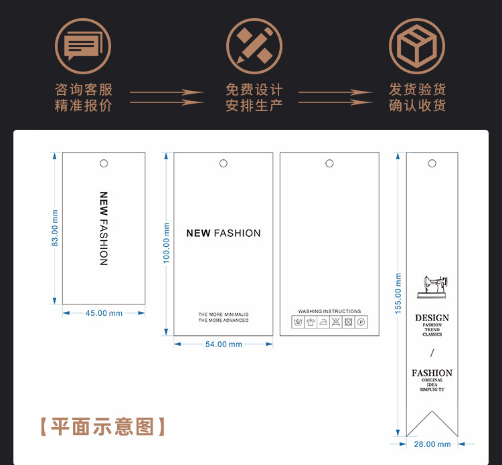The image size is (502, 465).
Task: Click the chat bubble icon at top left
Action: click(x=82, y=45)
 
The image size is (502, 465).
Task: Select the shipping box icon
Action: click(x=417, y=45)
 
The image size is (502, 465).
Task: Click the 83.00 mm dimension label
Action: click(x=55, y=227)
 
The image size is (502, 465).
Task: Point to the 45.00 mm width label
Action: click(x=104, y=313)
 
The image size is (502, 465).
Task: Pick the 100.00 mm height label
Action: click(x=167, y=243)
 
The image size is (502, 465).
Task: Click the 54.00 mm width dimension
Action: click(x=224, y=345)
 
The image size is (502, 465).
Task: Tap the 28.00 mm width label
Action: click(x=432, y=444)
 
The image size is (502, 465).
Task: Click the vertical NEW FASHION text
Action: click(x=103, y=228)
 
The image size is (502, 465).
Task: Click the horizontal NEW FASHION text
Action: click(x=224, y=233)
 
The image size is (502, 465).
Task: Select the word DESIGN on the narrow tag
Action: click(x=432, y=318)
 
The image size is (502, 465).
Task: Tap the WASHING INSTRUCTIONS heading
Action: click(x=329, y=312)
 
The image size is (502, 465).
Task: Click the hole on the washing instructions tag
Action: click(x=329, y=163)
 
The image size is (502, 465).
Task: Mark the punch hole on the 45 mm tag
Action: click(x=104, y=163)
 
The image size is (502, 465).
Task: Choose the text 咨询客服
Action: click(x=83, y=89)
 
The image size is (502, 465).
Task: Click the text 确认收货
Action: click(x=417, y=105)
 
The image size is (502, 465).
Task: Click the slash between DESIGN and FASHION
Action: click(x=432, y=353)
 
